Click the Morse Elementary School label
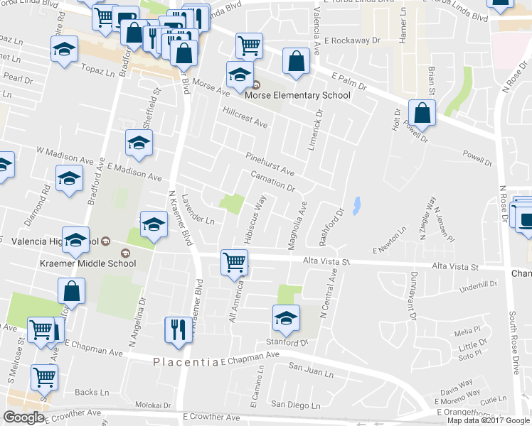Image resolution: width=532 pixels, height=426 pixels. coord(297,96)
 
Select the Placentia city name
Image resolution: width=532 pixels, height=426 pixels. coord(186,362)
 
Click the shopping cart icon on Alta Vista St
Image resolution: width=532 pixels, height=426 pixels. coord(234,263)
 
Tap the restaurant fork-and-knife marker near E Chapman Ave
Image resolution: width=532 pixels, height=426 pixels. coord(177,329)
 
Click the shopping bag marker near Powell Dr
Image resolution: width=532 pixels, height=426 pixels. coord(422,112)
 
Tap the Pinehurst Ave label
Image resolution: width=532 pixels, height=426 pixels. coord(270,164)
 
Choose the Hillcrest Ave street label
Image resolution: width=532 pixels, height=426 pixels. coord(245,118)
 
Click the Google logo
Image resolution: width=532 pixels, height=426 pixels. coord(23,417)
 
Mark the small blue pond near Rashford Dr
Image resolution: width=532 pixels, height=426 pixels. coord(356,205)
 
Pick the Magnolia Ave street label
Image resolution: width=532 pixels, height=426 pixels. coord(298,226)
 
